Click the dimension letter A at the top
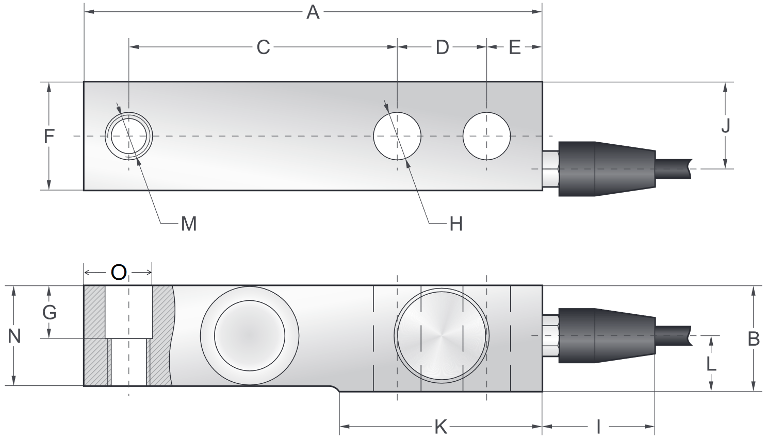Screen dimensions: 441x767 [313, 12]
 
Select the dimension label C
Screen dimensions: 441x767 [263, 47]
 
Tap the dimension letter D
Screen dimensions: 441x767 [442, 47]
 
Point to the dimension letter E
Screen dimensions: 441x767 [515, 47]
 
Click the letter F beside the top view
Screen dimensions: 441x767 [48, 137]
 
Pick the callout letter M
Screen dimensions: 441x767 [189, 224]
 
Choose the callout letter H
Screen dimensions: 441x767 [456, 224]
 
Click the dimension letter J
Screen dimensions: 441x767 [726, 126]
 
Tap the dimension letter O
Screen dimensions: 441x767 [119, 273]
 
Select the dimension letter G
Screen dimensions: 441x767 [49, 312]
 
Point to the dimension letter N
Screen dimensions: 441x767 [14, 336]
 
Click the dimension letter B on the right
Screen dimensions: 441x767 [754, 338]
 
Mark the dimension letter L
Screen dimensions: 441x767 [711, 364]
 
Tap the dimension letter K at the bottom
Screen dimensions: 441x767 [440, 427]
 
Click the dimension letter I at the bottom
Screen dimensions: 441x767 [598, 427]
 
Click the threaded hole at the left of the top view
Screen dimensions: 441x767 [128, 137]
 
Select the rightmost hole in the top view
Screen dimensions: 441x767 [486, 136]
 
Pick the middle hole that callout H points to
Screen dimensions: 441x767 [397, 136]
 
